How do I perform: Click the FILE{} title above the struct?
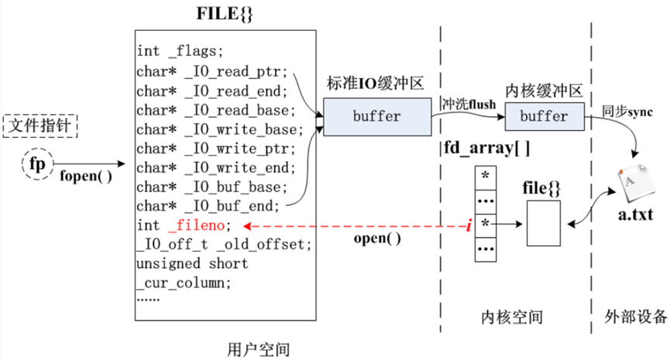(224, 15)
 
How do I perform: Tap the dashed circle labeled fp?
(37, 163)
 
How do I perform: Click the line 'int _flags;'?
(180, 52)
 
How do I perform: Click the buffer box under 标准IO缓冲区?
(376, 117)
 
